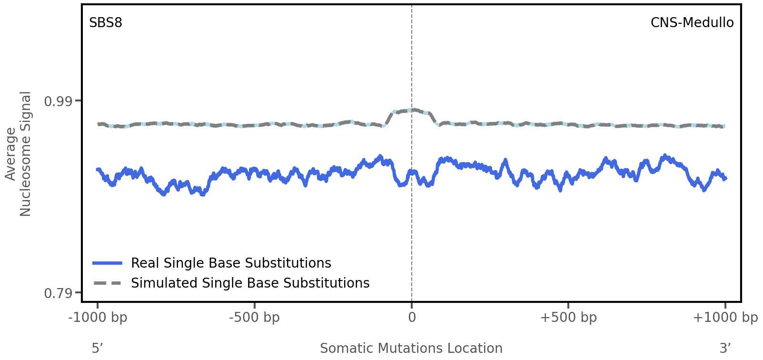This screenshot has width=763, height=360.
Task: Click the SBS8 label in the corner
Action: click(x=106, y=23)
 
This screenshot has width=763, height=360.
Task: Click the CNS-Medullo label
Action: click(x=692, y=23)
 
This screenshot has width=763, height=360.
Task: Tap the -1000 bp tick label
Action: click(x=98, y=318)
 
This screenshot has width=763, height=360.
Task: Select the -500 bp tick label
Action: click(x=254, y=318)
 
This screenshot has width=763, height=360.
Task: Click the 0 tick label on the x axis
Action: click(x=412, y=318)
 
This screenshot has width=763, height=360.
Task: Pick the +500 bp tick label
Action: click(x=568, y=318)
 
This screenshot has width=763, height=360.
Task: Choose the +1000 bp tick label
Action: click(x=725, y=318)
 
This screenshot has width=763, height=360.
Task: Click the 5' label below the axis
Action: click(x=97, y=349)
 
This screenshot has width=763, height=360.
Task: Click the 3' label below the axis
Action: click(x=725, y=349)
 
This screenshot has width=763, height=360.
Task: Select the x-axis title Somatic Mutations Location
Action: click(x=411, y=349)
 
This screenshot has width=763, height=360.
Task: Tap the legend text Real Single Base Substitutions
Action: click(x=231, y=263)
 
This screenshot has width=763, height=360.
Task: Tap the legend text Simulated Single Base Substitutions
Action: click(x=250, y=283)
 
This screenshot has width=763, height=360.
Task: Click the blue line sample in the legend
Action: click(x=108, y=263)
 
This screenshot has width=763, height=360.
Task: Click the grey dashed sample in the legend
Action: click(x=108, y=283)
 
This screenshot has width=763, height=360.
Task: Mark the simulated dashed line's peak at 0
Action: click(x=412, y=110)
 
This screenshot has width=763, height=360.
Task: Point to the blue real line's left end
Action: click(x=98, y=170)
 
